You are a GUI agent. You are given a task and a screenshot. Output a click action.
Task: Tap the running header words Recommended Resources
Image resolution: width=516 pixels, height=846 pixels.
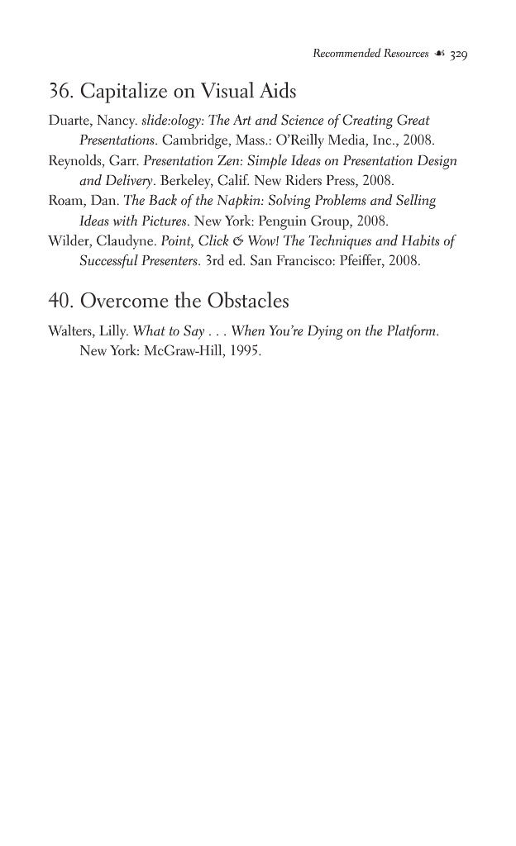(370, 55)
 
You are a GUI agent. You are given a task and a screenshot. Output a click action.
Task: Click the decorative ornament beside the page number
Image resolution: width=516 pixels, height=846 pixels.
(438, 55)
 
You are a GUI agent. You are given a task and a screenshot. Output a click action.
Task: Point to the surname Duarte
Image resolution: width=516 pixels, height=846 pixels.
(69, 121)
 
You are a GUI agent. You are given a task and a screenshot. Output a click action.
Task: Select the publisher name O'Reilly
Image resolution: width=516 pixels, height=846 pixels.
(292, 140)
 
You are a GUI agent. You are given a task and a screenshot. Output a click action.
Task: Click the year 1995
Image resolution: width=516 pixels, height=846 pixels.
(246, 352)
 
